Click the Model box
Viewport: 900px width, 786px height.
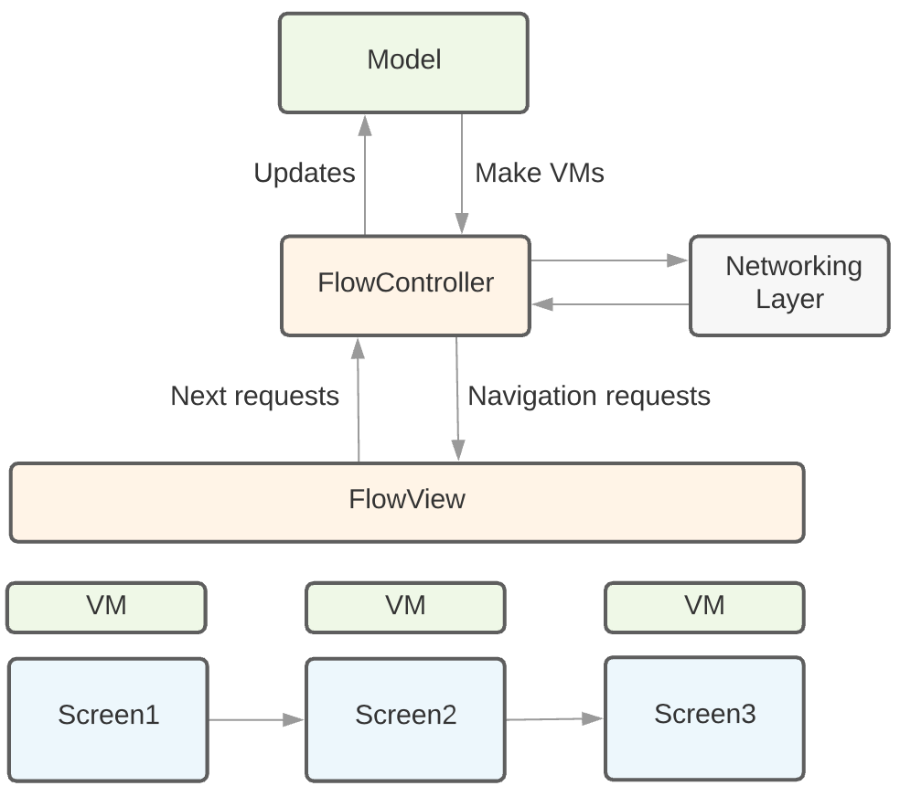click(403, 62)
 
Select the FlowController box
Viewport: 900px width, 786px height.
click(405, 285)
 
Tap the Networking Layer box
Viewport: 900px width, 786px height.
click(789, 285)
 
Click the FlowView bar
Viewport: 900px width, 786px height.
click(407, 502)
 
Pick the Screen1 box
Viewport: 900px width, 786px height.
click(108, 718)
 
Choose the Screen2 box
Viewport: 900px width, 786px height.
click(405, 718)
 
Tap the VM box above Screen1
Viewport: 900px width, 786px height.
click(106, 608)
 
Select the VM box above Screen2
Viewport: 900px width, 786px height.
click(405, 608)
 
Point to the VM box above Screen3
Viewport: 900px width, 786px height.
click(704, 608)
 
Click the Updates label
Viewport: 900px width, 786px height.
click(304, 174)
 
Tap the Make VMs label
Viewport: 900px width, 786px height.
click(540, 174)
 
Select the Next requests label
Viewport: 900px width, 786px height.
click(254, 397)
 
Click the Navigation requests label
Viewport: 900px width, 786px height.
click(589, 397)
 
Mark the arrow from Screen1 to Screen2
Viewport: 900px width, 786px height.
click(256, 720)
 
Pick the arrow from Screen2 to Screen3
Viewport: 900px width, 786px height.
click(554, 719)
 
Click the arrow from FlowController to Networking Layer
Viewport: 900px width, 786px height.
click(608, 261)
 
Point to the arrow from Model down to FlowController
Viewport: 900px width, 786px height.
click(462, 174)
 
